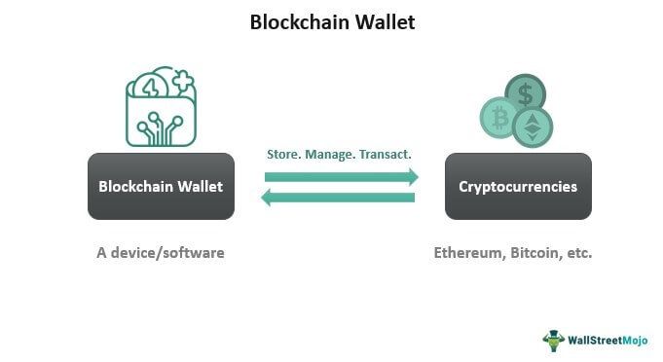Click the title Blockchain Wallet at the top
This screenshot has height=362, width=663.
coord(332,21)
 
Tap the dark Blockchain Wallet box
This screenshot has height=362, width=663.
coord(162,185)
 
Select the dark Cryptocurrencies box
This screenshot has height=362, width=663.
coord(518,185)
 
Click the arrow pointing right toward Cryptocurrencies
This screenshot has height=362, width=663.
coord(342,176)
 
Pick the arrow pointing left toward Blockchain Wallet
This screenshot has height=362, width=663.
coord(337,199)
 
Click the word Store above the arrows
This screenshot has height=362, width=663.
coord(284,154)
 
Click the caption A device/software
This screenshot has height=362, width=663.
coord(161,252)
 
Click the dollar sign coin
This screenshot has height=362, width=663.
coord(526,94)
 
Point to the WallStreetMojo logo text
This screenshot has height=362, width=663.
coord(609,340)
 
